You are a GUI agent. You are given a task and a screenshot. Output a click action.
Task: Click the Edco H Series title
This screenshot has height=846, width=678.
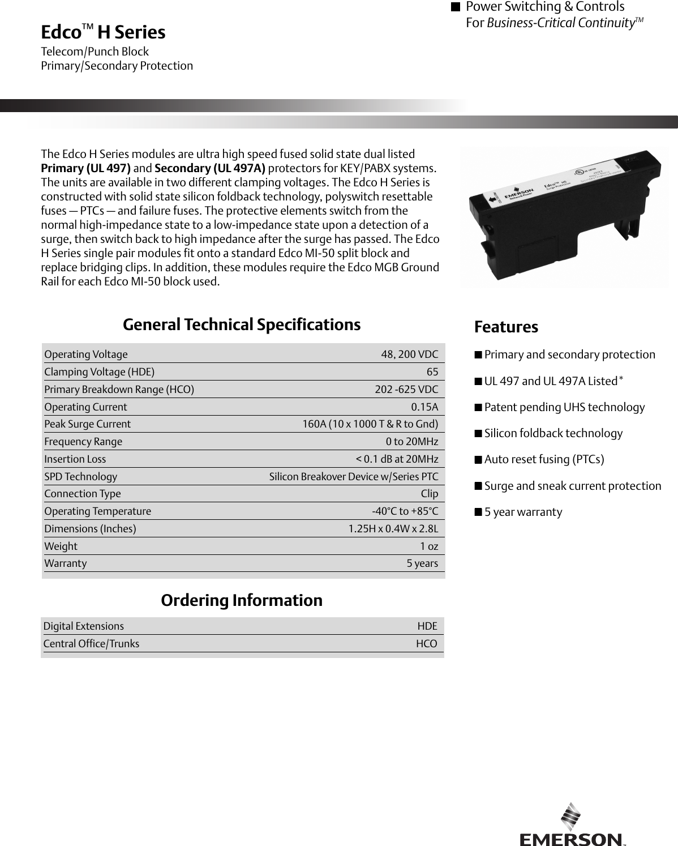pyautogui.click(x=103, y=32)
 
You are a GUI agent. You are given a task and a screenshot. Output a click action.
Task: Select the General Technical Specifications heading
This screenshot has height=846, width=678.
pyautogui.click(x=242, y=324)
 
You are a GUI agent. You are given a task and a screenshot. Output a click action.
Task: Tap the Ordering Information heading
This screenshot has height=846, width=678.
pyautogui.click(x=242, y=600)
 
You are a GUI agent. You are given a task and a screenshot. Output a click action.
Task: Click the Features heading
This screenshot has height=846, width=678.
pyautogui.click(x=506, y=327)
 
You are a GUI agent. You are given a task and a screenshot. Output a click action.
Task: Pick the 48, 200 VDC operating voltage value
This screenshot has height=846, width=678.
pyautogui.click(x=409, y=354)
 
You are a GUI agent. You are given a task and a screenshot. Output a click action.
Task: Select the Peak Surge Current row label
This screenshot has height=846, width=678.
pyautogui.click(x=87, y=424)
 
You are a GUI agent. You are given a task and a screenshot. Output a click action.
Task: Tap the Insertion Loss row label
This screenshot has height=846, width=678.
pyautogui.click(x=75, y=459)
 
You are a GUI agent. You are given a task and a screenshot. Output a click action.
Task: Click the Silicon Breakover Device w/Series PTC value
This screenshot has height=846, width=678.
pyautogui.click(x=353, y=477)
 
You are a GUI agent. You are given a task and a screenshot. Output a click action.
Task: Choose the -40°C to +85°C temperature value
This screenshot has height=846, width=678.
pyautogui.click(x=405, y=511)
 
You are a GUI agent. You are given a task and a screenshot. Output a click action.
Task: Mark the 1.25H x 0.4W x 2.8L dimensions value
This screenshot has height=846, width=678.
pyautogui.click(x=393, y=529)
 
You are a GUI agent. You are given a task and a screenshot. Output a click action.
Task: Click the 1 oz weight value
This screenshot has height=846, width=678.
pyautogui.click(x=428, y=546)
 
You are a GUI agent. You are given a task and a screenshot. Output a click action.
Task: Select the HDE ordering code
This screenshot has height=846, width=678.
pyautogui.click(x=427, y=626)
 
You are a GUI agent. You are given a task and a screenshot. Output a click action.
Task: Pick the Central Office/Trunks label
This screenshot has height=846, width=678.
pyautogui.click(x=91, y=644)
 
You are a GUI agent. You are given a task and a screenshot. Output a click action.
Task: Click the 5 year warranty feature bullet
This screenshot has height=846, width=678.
pyautogui.click(x=523, y=512)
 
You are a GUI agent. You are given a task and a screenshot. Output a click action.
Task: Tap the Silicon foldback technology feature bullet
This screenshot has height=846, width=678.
pyautogui.click(x=553, y=433)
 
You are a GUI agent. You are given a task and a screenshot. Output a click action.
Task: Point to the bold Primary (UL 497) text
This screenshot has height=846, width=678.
pyautogui.click(x=86, y=168)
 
